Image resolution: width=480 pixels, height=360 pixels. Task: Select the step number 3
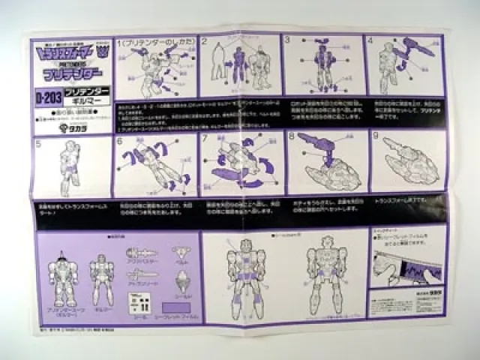tap(287, 40)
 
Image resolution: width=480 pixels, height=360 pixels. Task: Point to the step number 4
tap(370, 40)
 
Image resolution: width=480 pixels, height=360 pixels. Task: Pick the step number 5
tap(37, 141)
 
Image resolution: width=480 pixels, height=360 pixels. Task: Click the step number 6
tap(119, 141)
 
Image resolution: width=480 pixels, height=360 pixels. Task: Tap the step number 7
tap(205, 140)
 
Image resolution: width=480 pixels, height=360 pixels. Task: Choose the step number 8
tap(290, 139)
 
